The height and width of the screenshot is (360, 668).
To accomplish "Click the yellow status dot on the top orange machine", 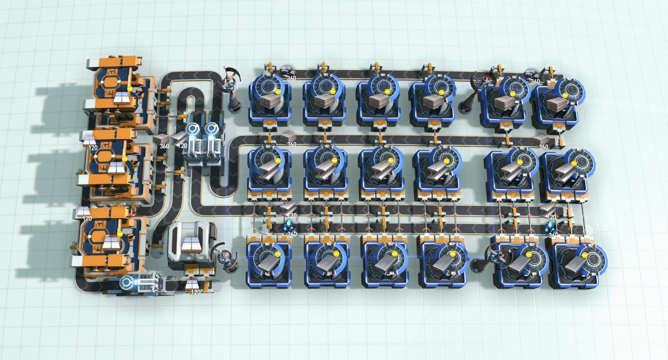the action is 130,89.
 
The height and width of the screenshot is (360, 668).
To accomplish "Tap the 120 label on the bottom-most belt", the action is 196,292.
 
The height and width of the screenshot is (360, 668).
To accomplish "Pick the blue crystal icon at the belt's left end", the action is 288,226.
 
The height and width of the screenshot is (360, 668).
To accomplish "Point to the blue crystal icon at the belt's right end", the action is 550,227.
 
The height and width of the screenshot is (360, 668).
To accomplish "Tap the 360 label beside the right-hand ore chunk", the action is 535,81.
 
